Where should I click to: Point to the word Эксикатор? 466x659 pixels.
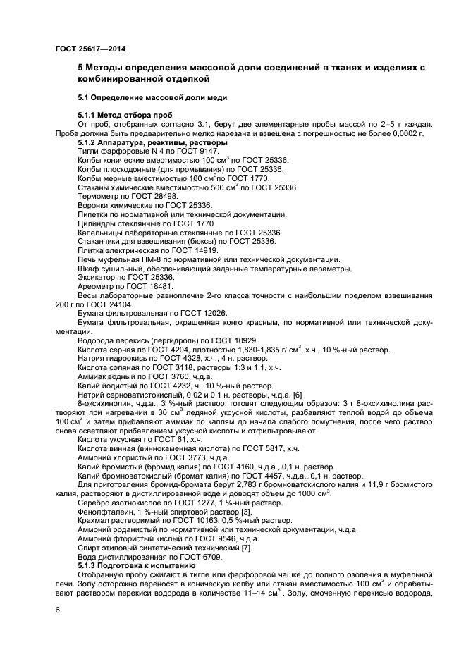point(97,278)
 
